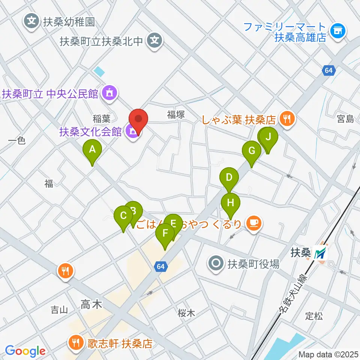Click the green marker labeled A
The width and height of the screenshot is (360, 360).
[92, 150]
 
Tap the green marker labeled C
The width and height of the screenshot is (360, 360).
[123, 216]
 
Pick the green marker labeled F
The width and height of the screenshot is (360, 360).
[165, 234]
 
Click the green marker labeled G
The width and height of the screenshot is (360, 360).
[252, 151]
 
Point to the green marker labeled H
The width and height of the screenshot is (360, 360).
[231, 203]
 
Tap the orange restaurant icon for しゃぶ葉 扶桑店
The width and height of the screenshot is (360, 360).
[288, 120]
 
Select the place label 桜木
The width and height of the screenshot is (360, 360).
[186, 313]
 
